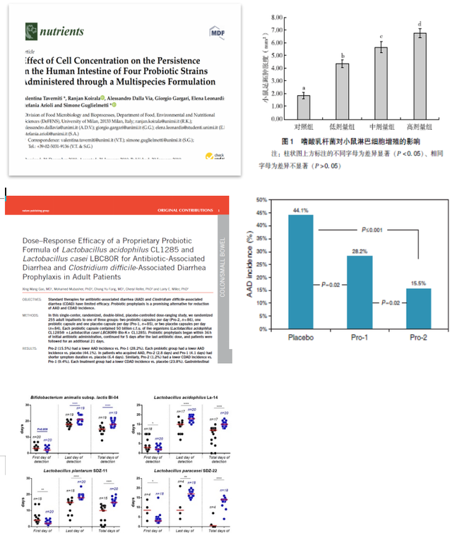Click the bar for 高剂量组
[420, 75]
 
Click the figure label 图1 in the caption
[287, 141]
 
